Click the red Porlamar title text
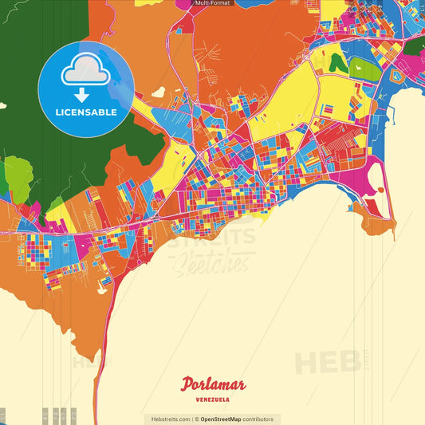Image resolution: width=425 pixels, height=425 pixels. [x=213, y=384]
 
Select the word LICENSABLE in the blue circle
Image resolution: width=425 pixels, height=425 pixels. [x=85, y=112]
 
